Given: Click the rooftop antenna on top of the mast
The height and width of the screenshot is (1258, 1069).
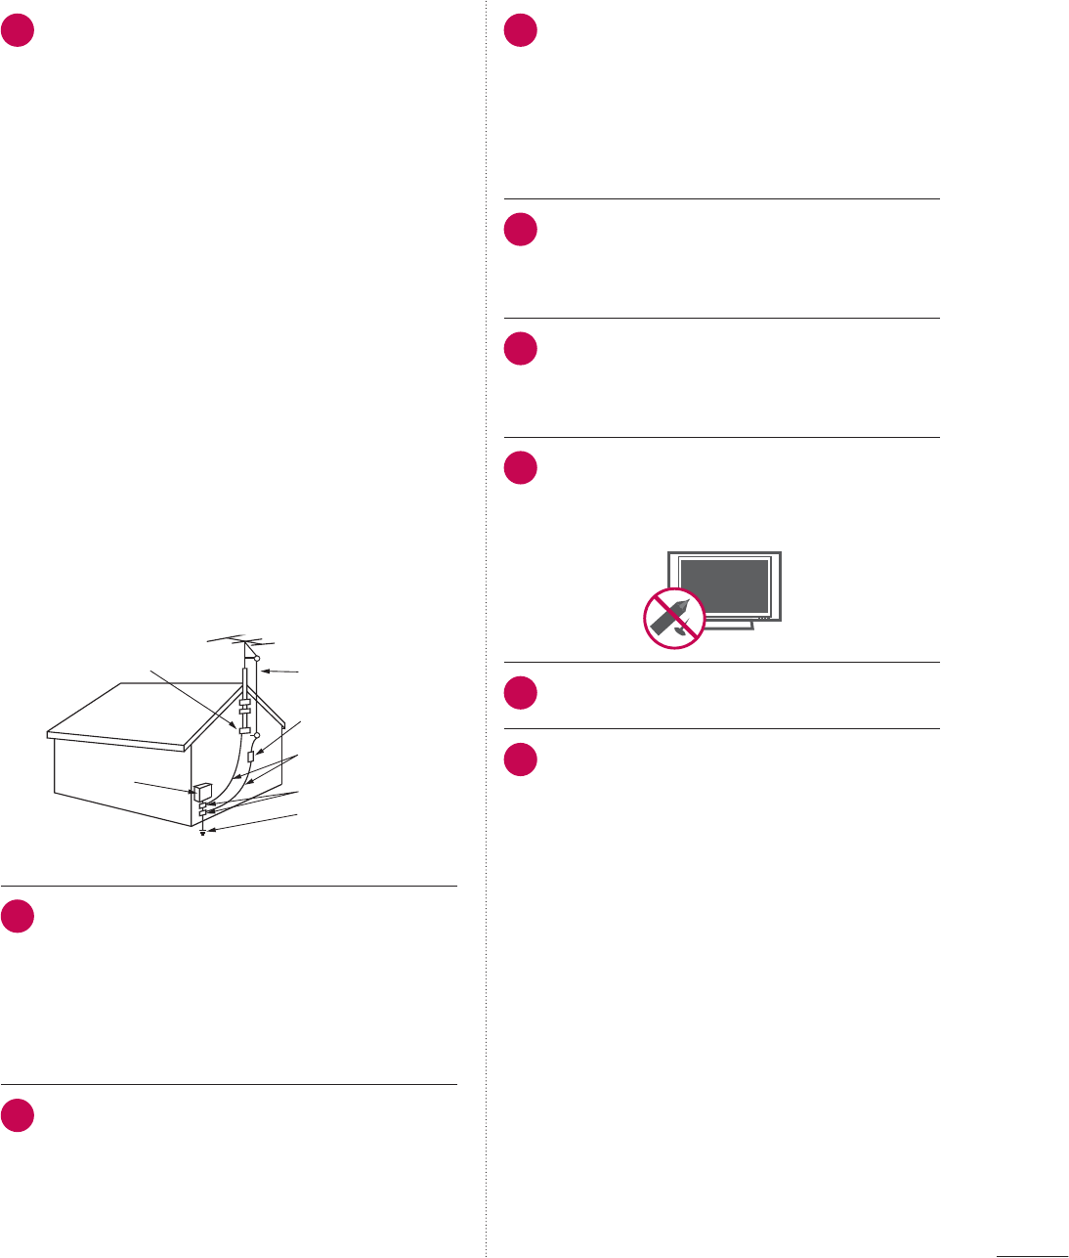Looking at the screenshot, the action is click(241, 642).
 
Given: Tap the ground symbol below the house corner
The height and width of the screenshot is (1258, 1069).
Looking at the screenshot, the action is click(202, 834).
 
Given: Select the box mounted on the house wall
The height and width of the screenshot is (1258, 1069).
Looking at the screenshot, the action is click(203, 792).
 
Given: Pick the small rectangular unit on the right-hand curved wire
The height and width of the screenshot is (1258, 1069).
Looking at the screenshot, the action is click(251, 757).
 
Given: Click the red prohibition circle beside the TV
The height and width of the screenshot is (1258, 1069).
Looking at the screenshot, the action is click(674, 618).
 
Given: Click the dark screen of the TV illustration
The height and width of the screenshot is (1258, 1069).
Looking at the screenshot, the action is click(724, 586).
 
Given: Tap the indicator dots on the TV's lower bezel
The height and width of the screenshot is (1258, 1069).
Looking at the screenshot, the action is click(763, 618).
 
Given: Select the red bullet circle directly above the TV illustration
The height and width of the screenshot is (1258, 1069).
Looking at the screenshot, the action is click(521, 468).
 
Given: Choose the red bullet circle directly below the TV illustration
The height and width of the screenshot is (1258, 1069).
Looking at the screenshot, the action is click(521, 693).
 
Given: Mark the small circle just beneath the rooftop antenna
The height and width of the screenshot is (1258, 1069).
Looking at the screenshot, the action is click(256, 661).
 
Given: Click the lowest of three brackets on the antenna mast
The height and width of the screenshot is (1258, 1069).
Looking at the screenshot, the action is click(245, 729).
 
